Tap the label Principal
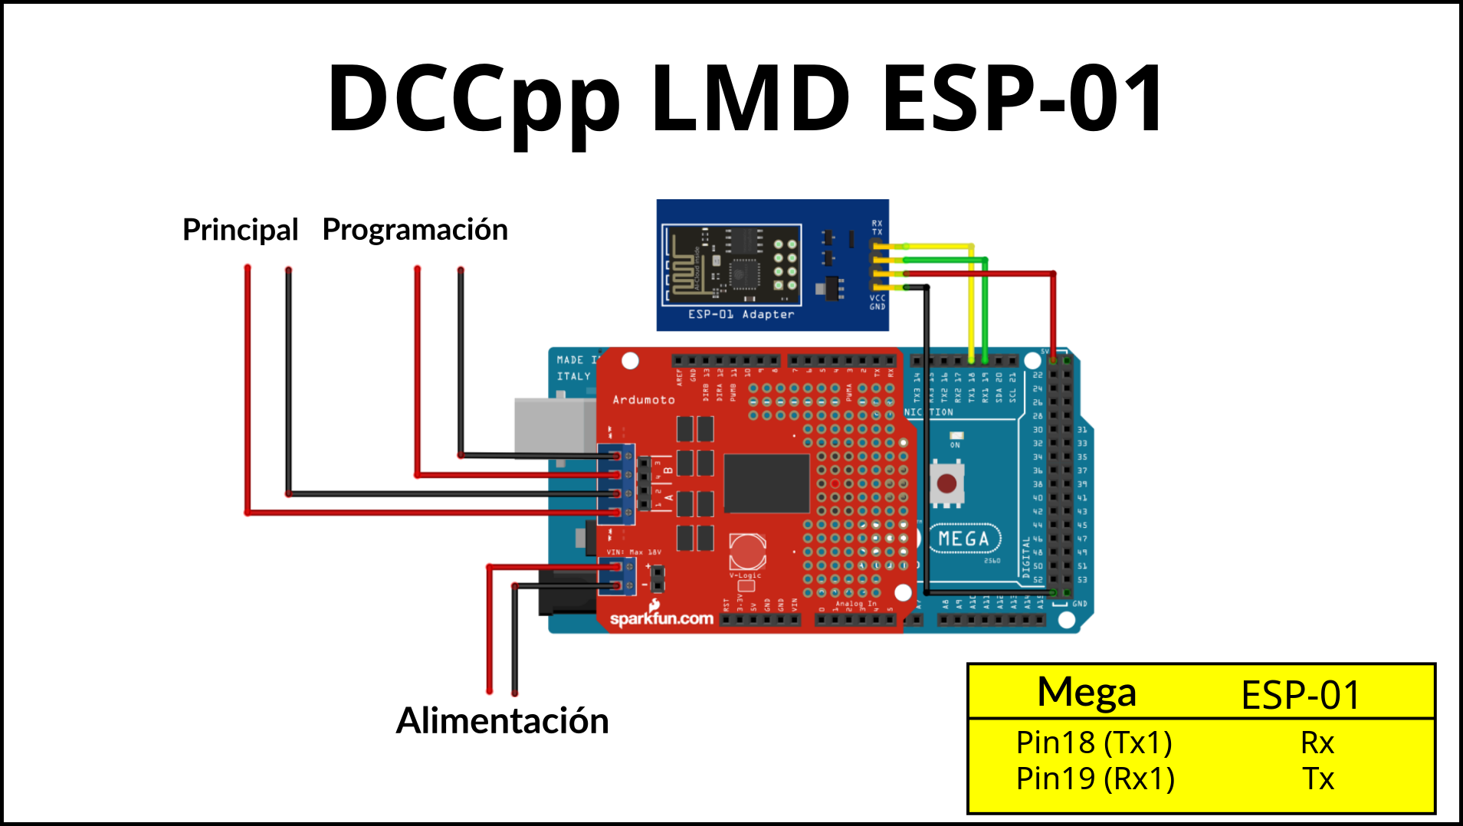240,230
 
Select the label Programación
415,230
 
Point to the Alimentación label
502,721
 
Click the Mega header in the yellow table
1086,693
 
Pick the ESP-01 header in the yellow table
1300,695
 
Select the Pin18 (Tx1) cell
1094,742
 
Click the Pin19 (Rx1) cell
1094,778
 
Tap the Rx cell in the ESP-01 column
1317,742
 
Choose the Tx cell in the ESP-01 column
1318,778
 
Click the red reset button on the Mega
946,483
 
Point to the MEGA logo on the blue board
964,539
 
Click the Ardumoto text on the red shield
643,400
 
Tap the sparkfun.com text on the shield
661,618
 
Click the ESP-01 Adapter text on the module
740,314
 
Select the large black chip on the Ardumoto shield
766,483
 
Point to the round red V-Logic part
746,550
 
